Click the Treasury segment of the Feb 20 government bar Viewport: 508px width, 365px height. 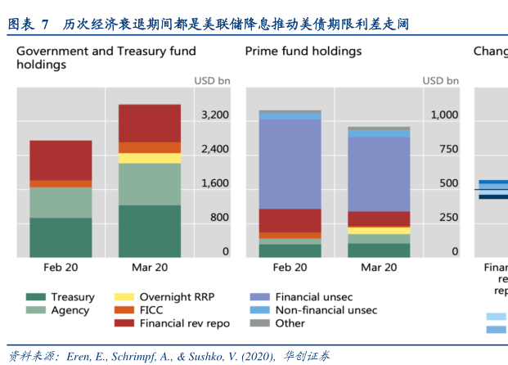tap(61, 237)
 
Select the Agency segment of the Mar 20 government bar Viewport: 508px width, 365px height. tap(150, 184)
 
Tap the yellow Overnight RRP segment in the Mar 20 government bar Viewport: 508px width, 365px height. tap(150, 158)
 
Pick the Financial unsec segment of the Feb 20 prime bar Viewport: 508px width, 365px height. tap(290, 164)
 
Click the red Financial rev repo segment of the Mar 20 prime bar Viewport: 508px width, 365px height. tap(379, 219)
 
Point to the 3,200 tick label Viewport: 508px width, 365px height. tap(214, 115)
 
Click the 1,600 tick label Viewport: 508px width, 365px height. tap(214, 183)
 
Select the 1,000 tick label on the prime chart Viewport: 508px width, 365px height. tap(444, 115)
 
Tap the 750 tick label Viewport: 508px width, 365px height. tap(448, 149)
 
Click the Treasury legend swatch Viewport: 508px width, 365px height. tap(35, 298)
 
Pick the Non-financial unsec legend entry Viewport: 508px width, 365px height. tap(326, 310)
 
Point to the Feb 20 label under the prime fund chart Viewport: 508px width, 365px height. tap(290, 268)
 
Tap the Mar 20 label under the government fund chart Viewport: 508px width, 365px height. tap(150, 268)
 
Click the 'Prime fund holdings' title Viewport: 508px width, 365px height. tap(303, 51)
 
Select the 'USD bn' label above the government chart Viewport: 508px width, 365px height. tap(212, 81)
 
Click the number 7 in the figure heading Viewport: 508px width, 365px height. tap(46, 25)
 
